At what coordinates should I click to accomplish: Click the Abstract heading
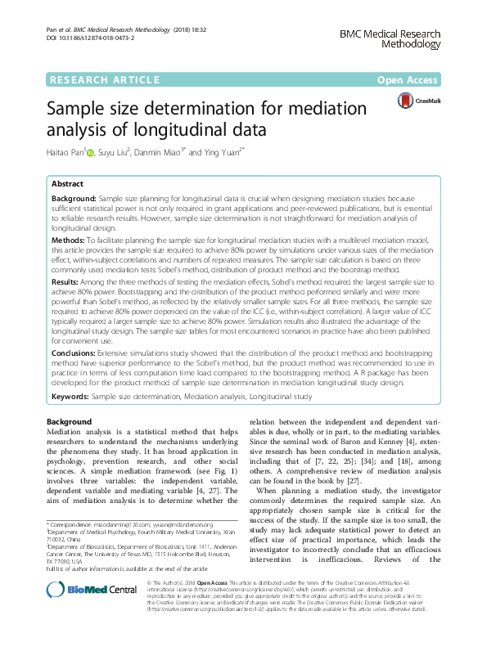[x=66, y=185]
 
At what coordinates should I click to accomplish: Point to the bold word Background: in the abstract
[x=73, y=199]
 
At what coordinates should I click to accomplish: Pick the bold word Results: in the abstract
[x=67, y=280]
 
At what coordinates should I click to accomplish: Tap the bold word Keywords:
[x=71, y=396]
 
